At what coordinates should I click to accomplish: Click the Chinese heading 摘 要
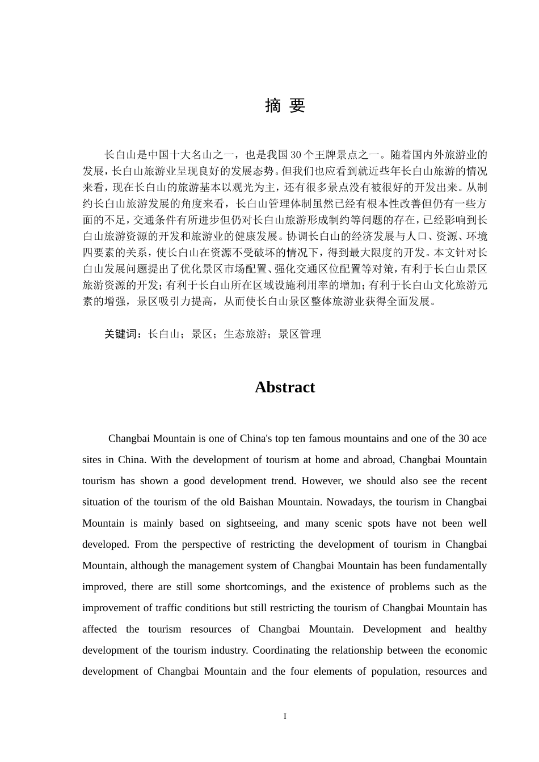click(285, 105)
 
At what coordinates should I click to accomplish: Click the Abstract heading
click(284, 387)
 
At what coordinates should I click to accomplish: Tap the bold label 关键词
click(121, 335)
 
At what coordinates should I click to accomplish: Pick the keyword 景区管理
click(300, 335)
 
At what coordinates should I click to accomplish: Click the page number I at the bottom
click(285, 717)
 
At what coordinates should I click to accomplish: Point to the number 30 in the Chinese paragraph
click(296, 155)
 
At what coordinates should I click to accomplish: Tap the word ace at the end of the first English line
click(479, 439)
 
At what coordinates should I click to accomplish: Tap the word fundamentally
click(452, 566)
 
